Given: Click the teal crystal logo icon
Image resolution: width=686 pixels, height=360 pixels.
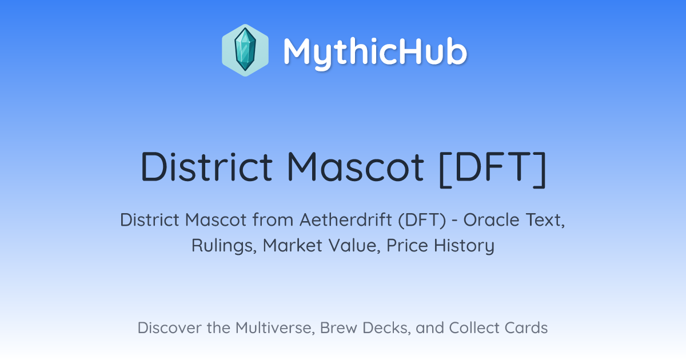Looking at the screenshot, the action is (245, 50).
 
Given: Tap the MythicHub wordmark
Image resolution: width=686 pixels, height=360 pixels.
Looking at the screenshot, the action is (375, 53).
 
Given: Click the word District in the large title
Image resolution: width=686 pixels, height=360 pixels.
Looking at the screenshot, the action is (206, 166).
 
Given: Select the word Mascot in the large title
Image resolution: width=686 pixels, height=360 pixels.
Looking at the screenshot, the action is (356, 166).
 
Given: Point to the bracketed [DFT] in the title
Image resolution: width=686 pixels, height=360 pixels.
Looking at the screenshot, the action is (493, 169).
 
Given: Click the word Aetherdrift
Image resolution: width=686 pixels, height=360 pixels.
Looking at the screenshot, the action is (346, 220).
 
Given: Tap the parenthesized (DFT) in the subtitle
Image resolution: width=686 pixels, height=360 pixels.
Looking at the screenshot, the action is (422, 221).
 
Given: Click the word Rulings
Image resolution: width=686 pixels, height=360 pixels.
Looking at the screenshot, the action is (224, 246).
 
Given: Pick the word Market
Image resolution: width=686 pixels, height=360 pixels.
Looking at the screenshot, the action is (293, 246).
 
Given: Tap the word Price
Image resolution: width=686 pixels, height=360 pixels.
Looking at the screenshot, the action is (407, 246).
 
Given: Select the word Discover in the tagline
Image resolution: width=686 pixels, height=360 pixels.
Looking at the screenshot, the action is (170, 327).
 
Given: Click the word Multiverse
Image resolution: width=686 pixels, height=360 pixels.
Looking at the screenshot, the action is (275, 328).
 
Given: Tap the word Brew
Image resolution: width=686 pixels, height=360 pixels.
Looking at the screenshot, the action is (338, 327).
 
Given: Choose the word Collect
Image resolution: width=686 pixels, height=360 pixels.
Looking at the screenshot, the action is (474, 327).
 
